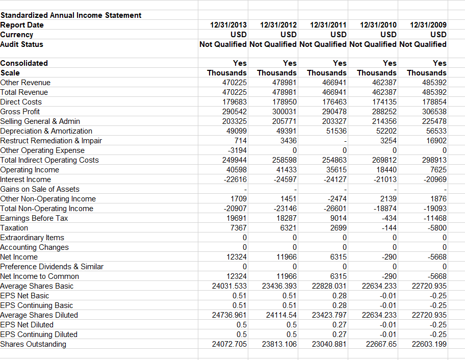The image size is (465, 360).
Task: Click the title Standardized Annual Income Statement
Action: click(x=71, y=15)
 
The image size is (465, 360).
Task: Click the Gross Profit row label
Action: click(x=20, y=112)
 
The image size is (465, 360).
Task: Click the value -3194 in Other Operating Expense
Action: click(x=236, y=150)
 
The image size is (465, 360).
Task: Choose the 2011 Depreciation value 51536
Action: click(x=334, y=131)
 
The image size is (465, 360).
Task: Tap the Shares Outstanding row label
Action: click(x=33, y=344)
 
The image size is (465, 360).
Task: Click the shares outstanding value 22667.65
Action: click(x=381, y=344)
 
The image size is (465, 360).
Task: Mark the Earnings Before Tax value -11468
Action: click(x=434, y=218)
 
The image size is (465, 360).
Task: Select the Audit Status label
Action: click(x=22, y=44)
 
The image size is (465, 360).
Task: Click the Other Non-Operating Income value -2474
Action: click(x=336, y=199)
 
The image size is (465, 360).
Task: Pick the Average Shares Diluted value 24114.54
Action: click(x=280, y=315)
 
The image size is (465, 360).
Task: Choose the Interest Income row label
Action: click(x=25, y=179)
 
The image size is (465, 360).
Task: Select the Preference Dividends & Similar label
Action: click(x=51, y=267)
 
